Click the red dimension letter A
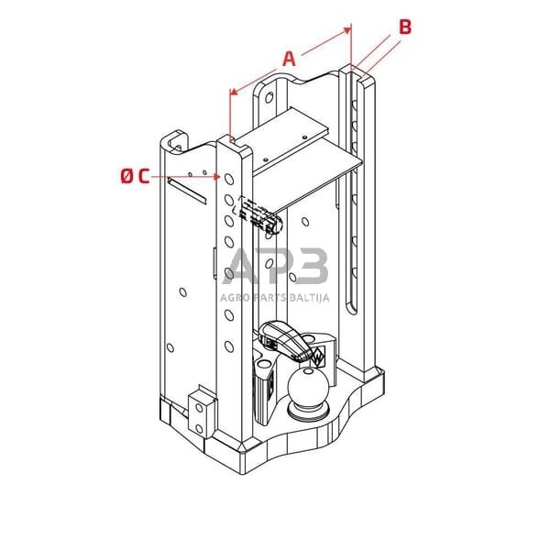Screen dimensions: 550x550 pyautogui.click(x=289, y=59)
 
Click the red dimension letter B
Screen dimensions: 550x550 pyautogui.click(x=404, y=27)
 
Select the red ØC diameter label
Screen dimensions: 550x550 pyautogui.click(x=134, y=176)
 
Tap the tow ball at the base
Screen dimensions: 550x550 pyautogui.click(x=308, y=391)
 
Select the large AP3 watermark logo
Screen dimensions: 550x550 pyautogui.click(x=275, y=268)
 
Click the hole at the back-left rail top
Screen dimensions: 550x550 pyautogui.click(x=269, y=94)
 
